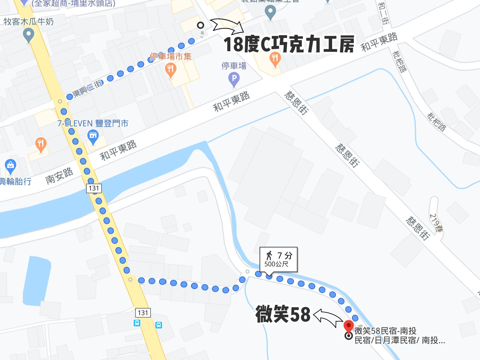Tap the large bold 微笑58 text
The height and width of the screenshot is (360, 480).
(x=283, y=314)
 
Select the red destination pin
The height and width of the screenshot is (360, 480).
(x=348, y=326)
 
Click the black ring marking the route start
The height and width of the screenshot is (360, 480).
(x=201, y=25)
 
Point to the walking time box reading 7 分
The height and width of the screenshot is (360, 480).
(x=279, y=259)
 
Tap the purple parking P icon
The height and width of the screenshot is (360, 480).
(x=234, y=79)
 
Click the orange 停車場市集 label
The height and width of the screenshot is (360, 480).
(x=171, y=56)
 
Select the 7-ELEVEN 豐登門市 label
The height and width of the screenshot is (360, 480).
(x=93, y=123)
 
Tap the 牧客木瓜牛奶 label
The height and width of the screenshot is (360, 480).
(x=29, y=22)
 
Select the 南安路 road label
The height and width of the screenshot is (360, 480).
(x=59, y=176)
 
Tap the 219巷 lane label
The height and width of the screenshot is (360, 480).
(x=436, y=223)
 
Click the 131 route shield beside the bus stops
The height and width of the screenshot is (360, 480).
(x=143, y=313)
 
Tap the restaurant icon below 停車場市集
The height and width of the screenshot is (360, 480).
(x=171, y=70)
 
